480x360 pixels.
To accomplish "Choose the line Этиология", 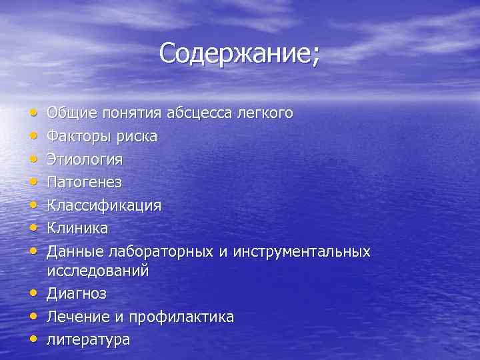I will pos(85,159).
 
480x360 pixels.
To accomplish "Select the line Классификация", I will pos(104,205).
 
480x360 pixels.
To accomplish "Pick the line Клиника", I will pos(77,228).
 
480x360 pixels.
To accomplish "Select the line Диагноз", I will pos(77,293).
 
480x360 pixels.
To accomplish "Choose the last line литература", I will pos(88,339).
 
